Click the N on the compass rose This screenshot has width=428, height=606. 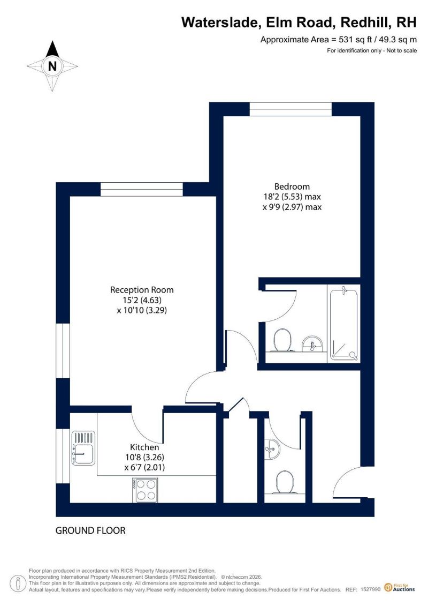[x=52, y=66]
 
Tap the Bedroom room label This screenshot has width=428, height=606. [x=292, y=186]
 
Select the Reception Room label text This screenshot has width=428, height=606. [x=142, y=289]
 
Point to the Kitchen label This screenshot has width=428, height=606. [x=144, y=447]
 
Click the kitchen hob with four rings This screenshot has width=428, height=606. [x=145, y=490]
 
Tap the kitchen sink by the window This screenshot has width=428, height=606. [x=83, y=448]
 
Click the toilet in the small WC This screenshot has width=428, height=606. [x=285, y=482]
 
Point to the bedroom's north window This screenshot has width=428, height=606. [x=291, y=109]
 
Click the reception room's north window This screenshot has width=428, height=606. [x=142, y=189]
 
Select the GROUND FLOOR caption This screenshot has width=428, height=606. [x=90, y=530]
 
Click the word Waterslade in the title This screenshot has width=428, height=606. [x=219, y=23]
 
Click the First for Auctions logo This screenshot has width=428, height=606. [x=400, y=587]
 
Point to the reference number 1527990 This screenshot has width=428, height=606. [x=370, y=589]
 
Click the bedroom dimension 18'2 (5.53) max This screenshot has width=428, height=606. [x=292, y=196]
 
